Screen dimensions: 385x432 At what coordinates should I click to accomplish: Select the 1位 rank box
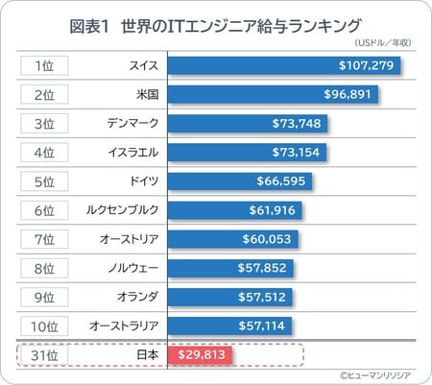(x=43, y=66)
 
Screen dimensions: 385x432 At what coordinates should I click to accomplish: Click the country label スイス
(x=143, y=66)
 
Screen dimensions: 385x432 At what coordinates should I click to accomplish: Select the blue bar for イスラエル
(x=247, y=153)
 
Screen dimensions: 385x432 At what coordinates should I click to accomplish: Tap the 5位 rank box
(x=43, y=181)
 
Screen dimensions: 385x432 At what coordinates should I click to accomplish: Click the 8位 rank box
(x=43, y=268)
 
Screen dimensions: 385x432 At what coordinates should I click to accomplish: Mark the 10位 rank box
(x=43, y=325)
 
